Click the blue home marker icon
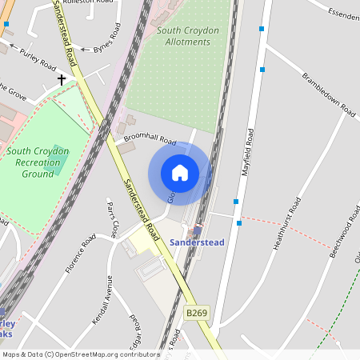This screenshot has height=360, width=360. pos(180,173)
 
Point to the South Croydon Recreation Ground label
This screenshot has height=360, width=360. pos(38,162)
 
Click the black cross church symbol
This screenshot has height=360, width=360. pos(61,80)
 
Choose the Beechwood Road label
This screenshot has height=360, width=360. pos(341,234)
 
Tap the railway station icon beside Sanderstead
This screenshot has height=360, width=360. pos(197,230)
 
